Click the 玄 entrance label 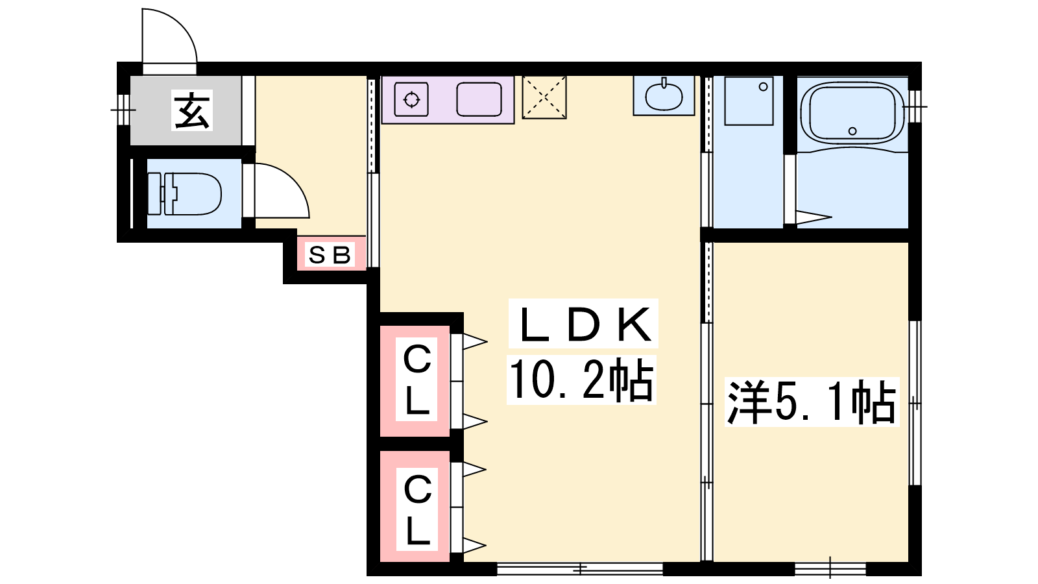point(192,110)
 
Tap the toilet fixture point(184,194)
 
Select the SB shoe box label point(330,254)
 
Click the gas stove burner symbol point(411,100)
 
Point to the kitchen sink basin point(479,100)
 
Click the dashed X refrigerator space point(544,97)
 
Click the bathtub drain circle point(852,131)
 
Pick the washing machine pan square point(749,101)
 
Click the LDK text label point(583,324)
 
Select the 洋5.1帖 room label point(812,402)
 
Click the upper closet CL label point(417,380)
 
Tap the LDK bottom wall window point(580,568)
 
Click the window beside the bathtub point(915,106)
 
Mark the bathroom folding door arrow point(814,217)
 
